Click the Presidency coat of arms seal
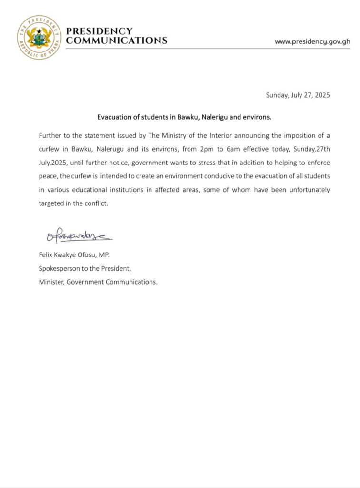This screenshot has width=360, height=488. [x=39, y=37]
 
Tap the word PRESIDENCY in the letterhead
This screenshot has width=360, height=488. [x=99, y=31]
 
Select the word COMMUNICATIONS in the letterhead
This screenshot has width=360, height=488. [x=117, y=41]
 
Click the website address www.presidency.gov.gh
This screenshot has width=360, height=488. [x=312, y=41]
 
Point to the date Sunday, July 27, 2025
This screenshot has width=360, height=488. [x=298, y=95]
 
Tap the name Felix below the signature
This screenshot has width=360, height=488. [x=46, y=255]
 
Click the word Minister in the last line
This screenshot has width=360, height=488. [x=51, y=282]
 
